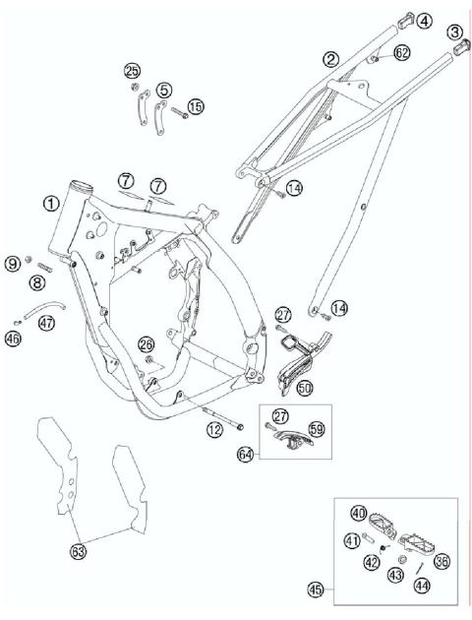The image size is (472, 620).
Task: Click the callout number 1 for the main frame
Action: tap(49, 202)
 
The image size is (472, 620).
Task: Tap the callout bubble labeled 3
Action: tap(454, 33)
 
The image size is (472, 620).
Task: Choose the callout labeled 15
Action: tap(196, 106)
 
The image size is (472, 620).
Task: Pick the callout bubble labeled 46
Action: tap(13, 339)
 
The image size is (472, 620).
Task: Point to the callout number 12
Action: tap(213, 429)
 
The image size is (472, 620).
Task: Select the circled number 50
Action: tap(304, 389)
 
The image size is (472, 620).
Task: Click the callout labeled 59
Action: tap(317, 429)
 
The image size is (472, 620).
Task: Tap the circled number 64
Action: tap(246, 454)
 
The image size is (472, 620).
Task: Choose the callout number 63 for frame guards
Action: tap(78, 552)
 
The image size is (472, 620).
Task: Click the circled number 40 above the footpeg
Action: tap(359, 512)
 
